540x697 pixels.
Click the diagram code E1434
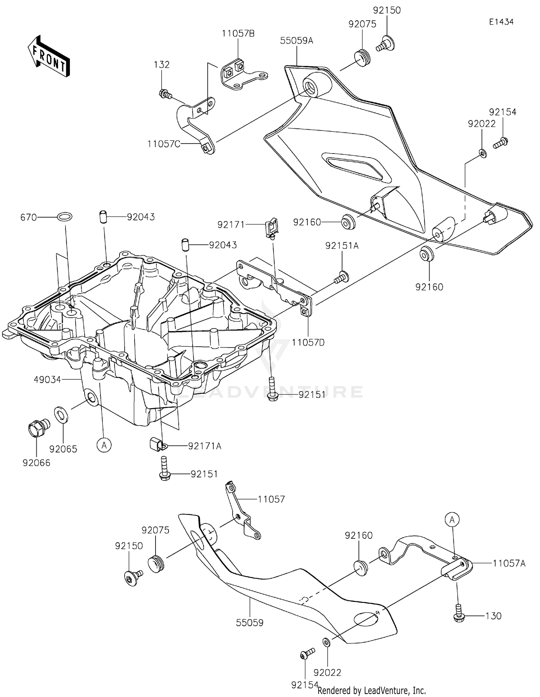(501, 22)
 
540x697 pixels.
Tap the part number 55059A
(297, 41)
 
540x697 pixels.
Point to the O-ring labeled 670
(65, 217)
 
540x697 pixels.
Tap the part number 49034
(47, 379)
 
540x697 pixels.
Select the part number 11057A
(509, 564)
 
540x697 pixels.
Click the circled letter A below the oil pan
(104, 445)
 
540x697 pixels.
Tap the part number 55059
(249, 623)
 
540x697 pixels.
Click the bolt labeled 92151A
(341, 277)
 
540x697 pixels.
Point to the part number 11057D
(308, 342)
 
